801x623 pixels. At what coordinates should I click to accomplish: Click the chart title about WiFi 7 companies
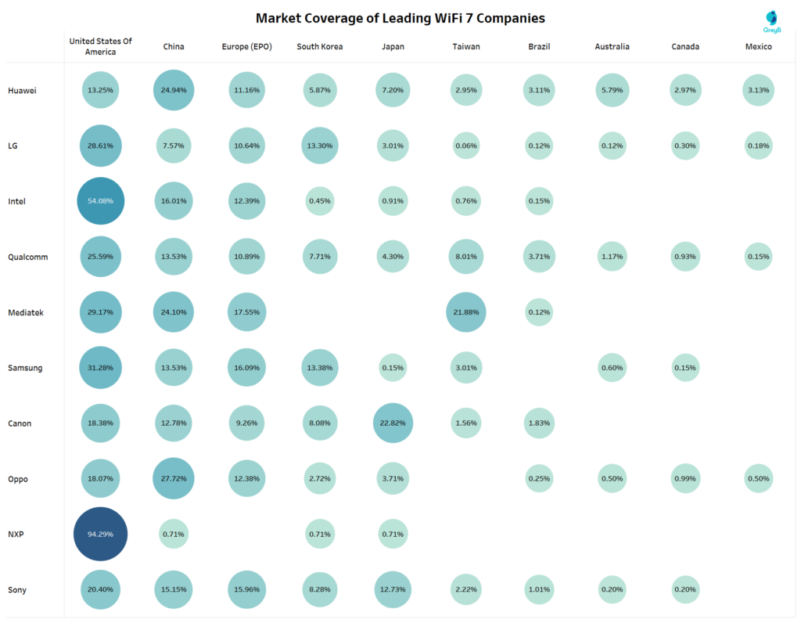point(400,17)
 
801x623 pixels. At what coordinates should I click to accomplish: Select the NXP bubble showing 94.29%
point(100,534)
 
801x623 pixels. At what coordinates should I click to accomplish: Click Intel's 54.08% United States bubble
point(100,201)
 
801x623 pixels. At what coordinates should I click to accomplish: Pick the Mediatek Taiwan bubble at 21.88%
point(466,312)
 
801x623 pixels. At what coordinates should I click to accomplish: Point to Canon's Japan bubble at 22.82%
point(393,423)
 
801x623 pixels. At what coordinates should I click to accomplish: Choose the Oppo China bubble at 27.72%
point(174,478)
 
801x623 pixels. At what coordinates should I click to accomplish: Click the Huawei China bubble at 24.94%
point(174,90)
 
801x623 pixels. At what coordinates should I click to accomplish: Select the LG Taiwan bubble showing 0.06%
point(466,146)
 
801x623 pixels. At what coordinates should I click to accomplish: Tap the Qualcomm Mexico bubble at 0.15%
point(758,257)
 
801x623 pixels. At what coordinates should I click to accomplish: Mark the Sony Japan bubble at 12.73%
point(393,589)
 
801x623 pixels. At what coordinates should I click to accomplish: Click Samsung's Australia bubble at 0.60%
point(612,368)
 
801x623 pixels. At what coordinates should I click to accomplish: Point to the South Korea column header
point(319,47)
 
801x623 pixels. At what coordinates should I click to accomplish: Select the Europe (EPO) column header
point(246,47)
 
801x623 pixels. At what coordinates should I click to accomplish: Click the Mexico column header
point(758,47)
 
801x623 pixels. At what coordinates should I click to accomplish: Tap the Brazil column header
point(539,47)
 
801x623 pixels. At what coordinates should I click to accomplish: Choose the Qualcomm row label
point(28,257)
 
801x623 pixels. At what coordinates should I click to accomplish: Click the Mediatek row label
point(26,312)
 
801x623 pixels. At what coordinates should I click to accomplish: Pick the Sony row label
point(17,589)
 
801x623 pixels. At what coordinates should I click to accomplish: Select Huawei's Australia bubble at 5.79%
point(612,90)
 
